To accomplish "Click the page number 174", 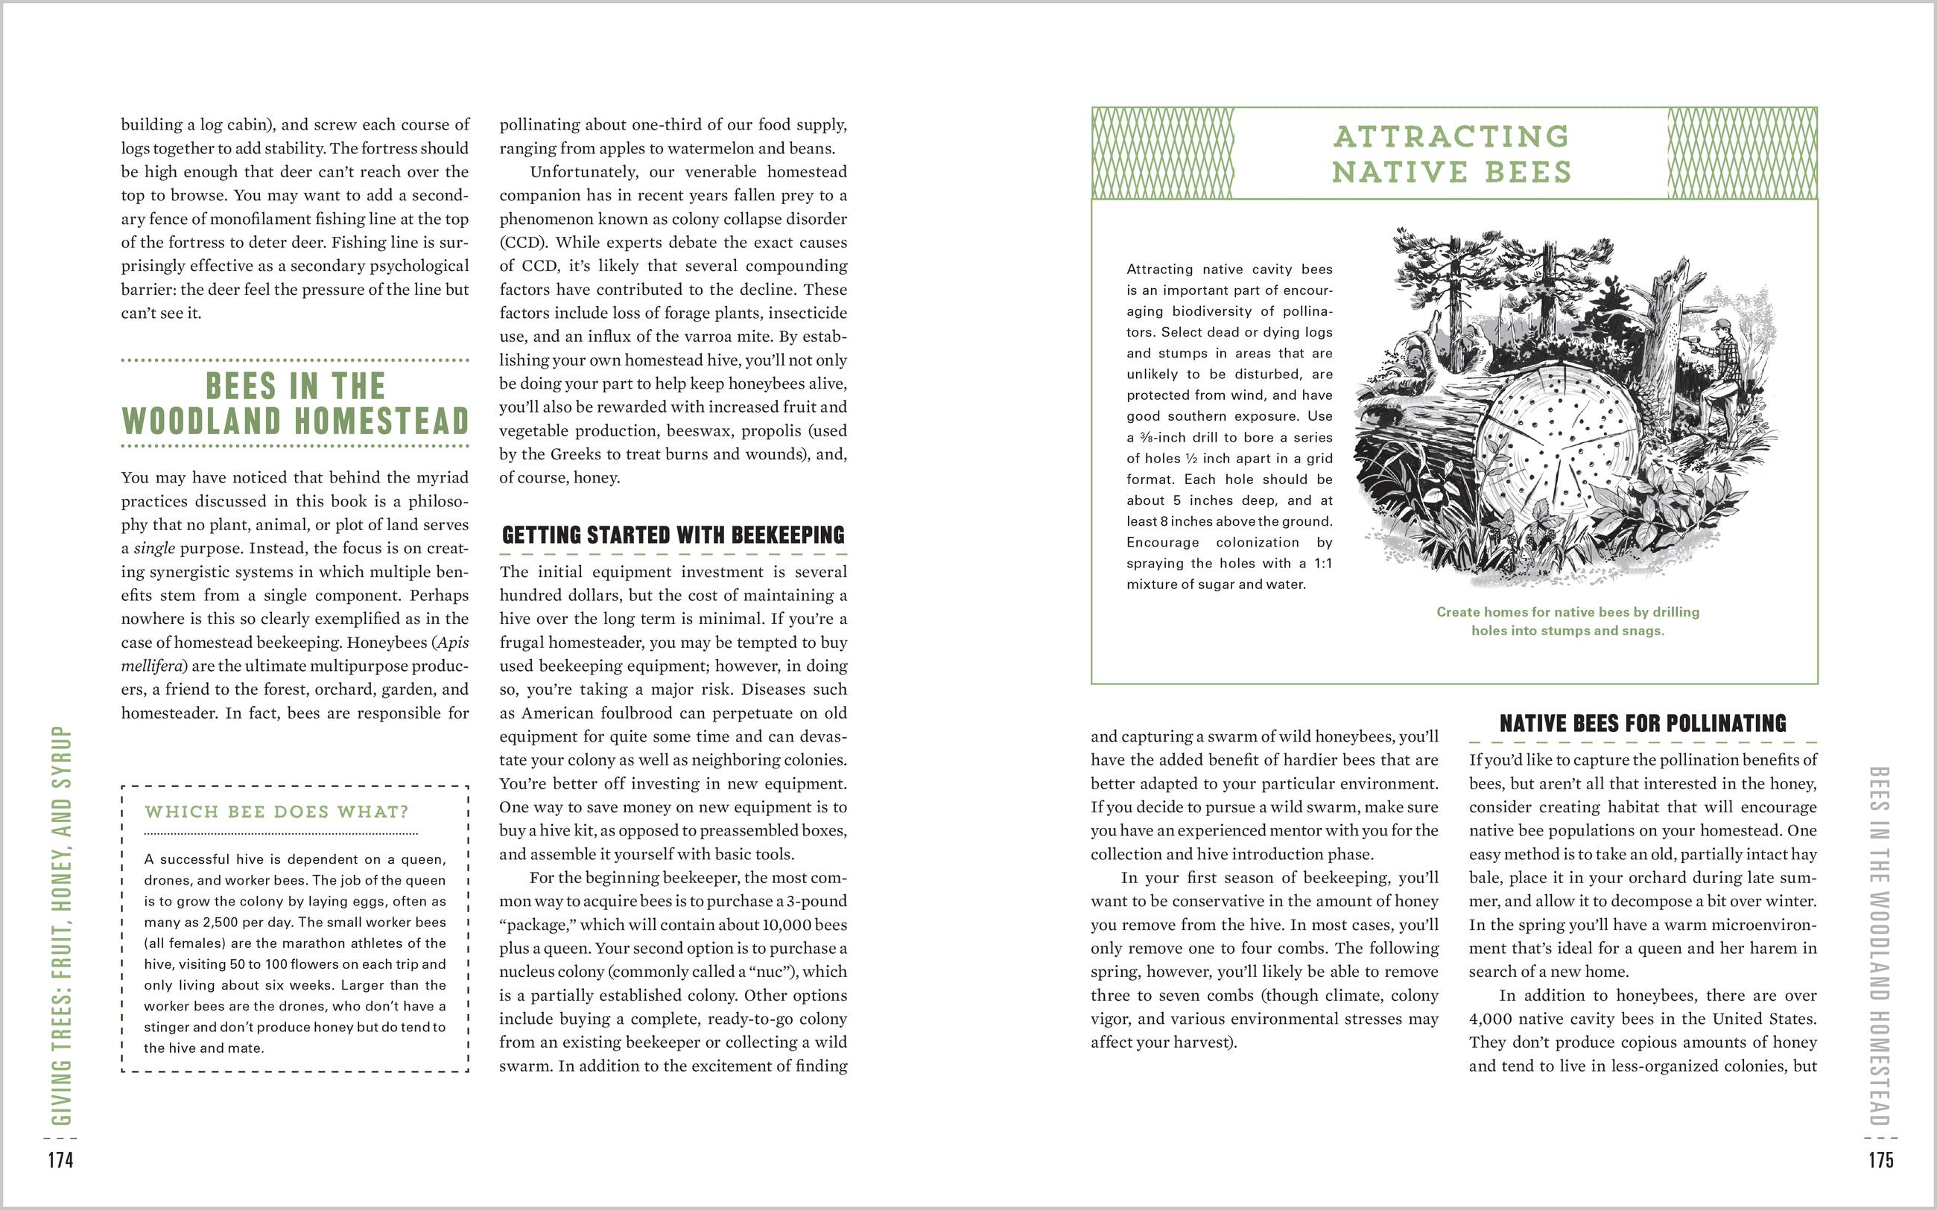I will click(61, 1159).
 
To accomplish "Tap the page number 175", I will click(1881, 1159).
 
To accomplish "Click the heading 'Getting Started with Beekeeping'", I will click(673, 535).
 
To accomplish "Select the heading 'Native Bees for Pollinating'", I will click(1643, 724).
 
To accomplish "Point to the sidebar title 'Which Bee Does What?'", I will click(276, 812).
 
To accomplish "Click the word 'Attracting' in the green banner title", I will click(1451, 136).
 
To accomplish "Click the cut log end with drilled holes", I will click(1561, 448).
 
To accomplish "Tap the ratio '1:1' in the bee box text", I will click(1322, 564).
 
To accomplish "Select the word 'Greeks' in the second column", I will click(575, 454).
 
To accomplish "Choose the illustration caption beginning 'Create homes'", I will click(1567, 621).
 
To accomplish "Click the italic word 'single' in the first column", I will click(153, 549).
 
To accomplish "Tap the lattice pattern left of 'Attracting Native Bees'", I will click(1163, 153).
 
